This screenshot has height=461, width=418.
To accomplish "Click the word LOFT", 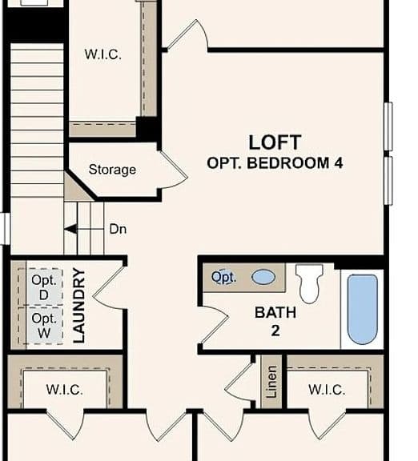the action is pyautogui.click(x=275, y=142).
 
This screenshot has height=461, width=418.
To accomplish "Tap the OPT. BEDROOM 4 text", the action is pyautogui.click(x=275, y=163).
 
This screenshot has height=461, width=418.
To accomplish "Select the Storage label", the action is pyautogui.click(x=112, y=170).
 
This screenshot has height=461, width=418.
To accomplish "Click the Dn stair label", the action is pyautogui.click(x=118, y=229).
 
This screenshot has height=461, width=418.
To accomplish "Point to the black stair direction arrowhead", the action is pyautogui.click(x=71, y=229).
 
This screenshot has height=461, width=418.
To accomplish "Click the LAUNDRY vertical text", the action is pyautogui.click(x=78, y=306).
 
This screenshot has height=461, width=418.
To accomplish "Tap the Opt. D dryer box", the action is pyautogui.click(x=44, y=287).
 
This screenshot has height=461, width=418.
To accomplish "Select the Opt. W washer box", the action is pyautogui.click(x=44, y=326).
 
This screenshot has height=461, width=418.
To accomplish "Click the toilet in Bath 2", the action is pyautogui.click(x=309, y=283).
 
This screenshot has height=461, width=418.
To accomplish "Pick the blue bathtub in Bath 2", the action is pyautogui.click(x=362, y=309).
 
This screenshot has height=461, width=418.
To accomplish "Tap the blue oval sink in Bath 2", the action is pyautogui.click(x=263, y=277).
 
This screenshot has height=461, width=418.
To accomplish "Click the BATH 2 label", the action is pyautogui.click(x=275, y=321).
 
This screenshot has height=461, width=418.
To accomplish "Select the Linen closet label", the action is pyautogui.click(x=271, y=382).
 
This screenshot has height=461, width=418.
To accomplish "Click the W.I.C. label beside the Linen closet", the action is pyautogui.click(x=327, y=390).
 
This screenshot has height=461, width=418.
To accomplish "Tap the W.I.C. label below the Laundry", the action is pyautogui.click(x=64, y=390).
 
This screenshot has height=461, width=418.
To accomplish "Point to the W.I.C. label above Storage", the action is pyautogui.click(x=103, y=54).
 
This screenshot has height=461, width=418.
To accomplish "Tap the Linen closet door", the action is pyautogui.click(x=239, y=383).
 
